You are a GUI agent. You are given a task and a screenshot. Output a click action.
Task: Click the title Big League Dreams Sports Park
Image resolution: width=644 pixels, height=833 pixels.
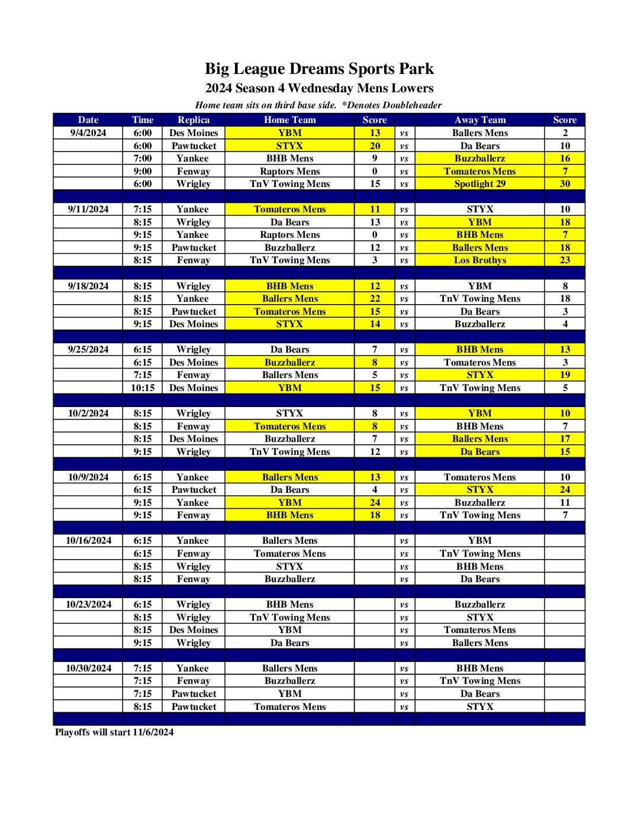point(319,69)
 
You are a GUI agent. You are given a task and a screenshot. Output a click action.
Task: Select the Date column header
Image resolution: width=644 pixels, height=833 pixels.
point(88,120)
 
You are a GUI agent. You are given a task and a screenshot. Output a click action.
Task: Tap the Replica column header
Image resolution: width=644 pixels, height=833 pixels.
point(193,120)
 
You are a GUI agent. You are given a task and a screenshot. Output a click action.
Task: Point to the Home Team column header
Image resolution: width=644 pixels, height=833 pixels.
point(289,120)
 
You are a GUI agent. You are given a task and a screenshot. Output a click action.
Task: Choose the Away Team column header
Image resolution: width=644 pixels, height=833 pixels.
point(479,120)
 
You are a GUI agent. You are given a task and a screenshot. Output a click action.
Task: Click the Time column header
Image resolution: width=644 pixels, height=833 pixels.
point(142,120)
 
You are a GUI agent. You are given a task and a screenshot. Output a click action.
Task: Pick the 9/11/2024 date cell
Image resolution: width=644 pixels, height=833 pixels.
point(88,209)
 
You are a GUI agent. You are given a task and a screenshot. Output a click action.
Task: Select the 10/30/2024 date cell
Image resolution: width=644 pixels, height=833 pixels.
point(88,668)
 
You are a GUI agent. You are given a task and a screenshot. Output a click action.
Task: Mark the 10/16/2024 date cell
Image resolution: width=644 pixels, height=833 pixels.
point(88,540)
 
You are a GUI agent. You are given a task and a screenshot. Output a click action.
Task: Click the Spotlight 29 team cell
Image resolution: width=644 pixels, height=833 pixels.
point(479,183)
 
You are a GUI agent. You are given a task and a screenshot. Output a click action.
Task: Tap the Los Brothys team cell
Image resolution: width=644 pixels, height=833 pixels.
point(479,260)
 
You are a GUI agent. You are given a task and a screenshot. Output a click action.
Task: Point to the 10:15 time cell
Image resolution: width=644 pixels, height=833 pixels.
point(142,388)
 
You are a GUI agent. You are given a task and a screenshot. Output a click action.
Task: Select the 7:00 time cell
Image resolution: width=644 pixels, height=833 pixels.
point(142,158)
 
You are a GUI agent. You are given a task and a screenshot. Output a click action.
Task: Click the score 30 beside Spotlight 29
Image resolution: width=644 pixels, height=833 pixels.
point(565,183)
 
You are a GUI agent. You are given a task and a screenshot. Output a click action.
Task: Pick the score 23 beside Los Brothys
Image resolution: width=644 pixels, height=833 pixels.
point(565,260)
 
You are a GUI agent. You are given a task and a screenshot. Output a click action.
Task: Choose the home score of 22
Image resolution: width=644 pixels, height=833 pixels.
point(375,298)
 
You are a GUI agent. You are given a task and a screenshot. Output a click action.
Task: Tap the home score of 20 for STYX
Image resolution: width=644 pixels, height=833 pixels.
point(375,146)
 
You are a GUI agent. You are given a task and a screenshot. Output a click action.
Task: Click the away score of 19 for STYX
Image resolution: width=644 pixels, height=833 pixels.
point(565,374)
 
